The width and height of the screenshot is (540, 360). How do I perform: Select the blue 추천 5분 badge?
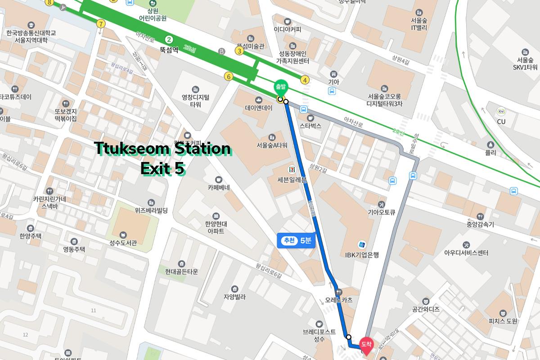(296, 240)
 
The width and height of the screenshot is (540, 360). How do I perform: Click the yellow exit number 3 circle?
(239, 51)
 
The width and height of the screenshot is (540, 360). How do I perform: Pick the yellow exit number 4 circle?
(305, 80)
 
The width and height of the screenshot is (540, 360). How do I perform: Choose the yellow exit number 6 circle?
(229, 77)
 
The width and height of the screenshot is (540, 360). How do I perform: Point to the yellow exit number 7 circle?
(101, 23)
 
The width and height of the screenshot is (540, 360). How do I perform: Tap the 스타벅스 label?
(310, 126)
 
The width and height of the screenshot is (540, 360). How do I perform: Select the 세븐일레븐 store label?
(292, 180)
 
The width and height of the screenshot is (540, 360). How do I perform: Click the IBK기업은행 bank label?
(362, 255)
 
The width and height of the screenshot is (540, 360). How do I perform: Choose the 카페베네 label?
(219, 187)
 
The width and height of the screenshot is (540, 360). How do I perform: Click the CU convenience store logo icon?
(501, 111)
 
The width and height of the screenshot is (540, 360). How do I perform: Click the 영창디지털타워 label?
(195, 100)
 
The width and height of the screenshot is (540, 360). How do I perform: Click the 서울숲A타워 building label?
(271, 145)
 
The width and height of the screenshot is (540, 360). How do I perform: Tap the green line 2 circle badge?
(169, 39)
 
